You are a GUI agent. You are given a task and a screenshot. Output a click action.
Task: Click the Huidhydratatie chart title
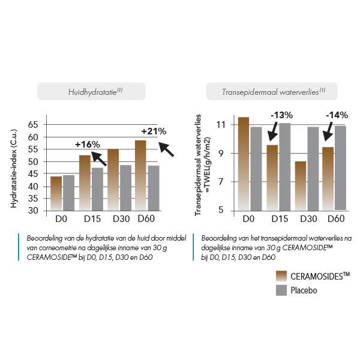[x=91, y=91]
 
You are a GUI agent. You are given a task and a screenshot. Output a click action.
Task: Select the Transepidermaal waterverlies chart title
[x=271, y=91]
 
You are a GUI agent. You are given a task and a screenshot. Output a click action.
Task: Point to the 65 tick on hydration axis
[x=33, y=124]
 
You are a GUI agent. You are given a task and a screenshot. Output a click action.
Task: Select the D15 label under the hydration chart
[x=92, y=219]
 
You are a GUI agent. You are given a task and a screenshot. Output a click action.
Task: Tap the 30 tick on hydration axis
[x=33, y=211]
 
